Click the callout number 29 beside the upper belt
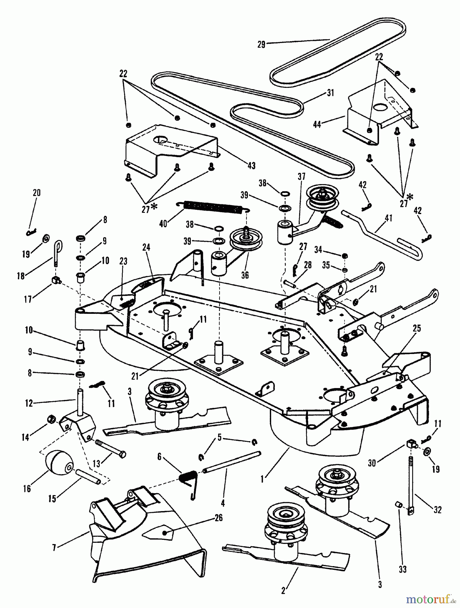[261, 44]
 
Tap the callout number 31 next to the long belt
[330, 93]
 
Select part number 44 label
[317, 125]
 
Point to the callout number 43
[251, 166]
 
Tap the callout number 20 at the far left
[36, 193]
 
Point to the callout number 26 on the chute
[219, 517]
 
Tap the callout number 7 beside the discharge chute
[54, 548]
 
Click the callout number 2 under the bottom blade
[283, 591]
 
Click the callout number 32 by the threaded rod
[437, 509]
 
